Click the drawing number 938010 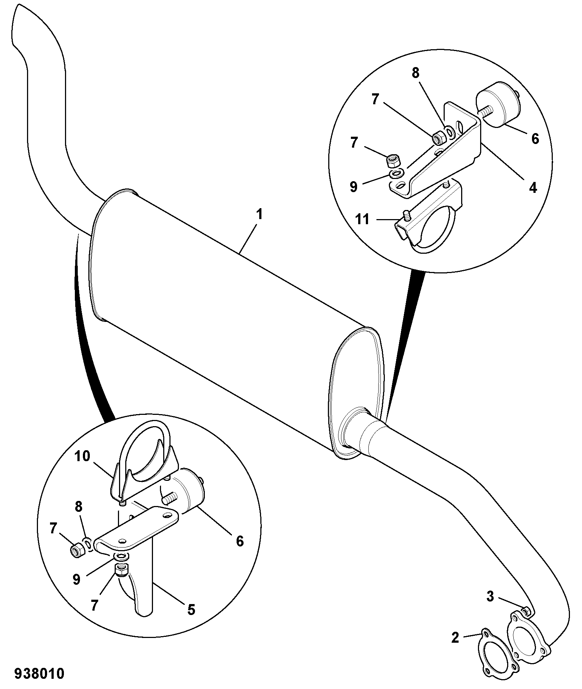pyautogui.click(x=39, y=674)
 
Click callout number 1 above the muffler pyautogui.click(x=259, y=214)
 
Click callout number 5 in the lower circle pyautogui.click(x=191, y=610)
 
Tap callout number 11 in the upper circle pyautogui.click(x=362, y=220)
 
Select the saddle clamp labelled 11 pyautogui.click(x=429, y=219)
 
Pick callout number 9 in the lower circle pyautogui.click(x=76, y=579)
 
